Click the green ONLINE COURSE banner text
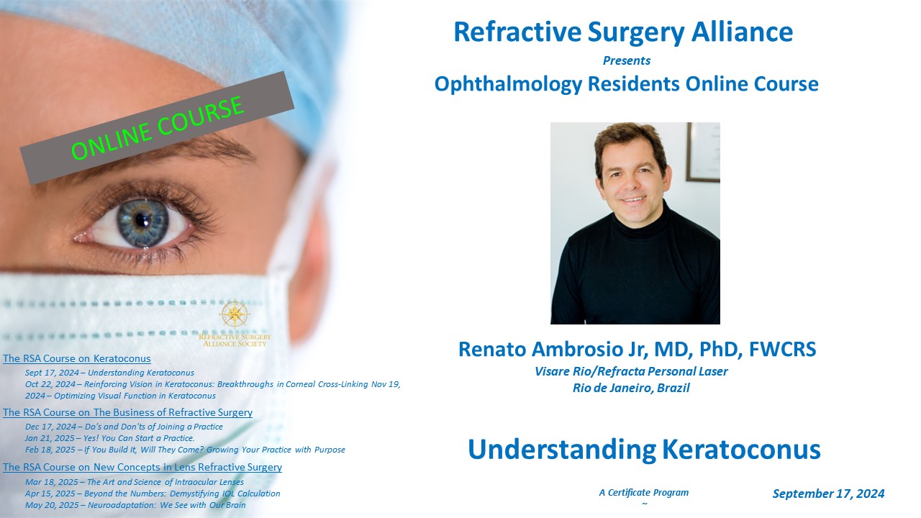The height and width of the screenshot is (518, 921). coord(158,128)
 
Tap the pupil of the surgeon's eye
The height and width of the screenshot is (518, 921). coord(142,221)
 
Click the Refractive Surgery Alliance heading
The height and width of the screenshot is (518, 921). coord(623,32)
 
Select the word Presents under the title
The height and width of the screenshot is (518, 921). coord(627,61)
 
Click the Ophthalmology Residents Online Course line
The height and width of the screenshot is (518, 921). coord(627,84)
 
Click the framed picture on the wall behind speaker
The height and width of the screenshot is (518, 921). coord(703,152)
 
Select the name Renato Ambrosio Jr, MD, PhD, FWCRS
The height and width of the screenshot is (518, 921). coord(638,349)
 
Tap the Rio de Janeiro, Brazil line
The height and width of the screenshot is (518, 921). coord(631,388)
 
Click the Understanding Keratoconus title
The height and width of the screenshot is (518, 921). coord(644,450)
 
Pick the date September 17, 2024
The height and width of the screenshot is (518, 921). coord(828,494)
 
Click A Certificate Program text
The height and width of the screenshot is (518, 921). coord(644,493)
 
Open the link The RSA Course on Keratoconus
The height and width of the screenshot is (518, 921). coord(77,358)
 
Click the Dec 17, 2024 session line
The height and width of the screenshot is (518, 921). coord(124,427)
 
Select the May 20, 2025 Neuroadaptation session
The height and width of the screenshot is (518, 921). coord(135,505)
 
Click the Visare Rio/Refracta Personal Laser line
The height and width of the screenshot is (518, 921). coord(631,372)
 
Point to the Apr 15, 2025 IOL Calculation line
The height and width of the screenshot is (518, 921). coord(153,494)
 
